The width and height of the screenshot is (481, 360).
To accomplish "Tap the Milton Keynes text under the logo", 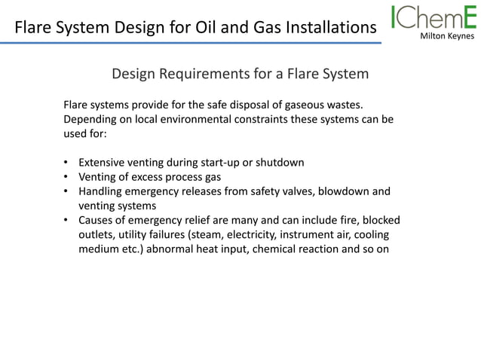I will (x=448, y=35).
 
